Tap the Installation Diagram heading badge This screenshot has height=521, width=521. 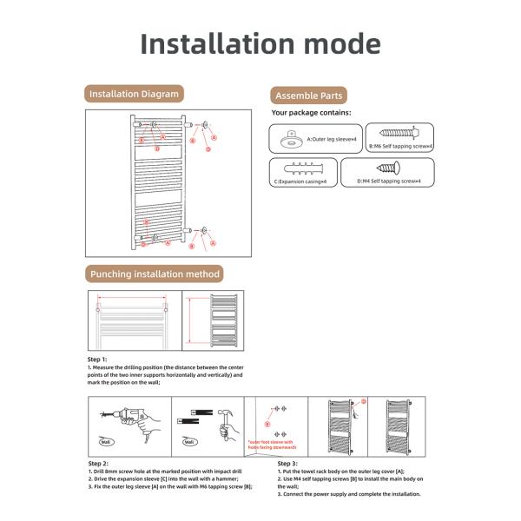[x=135, y=93]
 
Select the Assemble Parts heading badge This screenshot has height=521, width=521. [x=308, y=96]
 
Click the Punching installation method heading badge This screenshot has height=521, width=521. [x=155, y=274]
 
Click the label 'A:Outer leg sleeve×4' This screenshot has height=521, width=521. [x=330, y=139]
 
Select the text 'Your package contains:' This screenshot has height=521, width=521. [x=311, y=113]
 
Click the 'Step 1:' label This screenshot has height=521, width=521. [x=97, y=359]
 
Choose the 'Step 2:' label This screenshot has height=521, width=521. [x=98, y=464]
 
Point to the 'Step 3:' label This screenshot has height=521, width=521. [x=288, y=464]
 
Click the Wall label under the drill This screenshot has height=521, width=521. [x=106, y=441]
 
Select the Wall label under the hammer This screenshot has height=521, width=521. [x=188, y=441]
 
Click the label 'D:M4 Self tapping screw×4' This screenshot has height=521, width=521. [x=388, y=181]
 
